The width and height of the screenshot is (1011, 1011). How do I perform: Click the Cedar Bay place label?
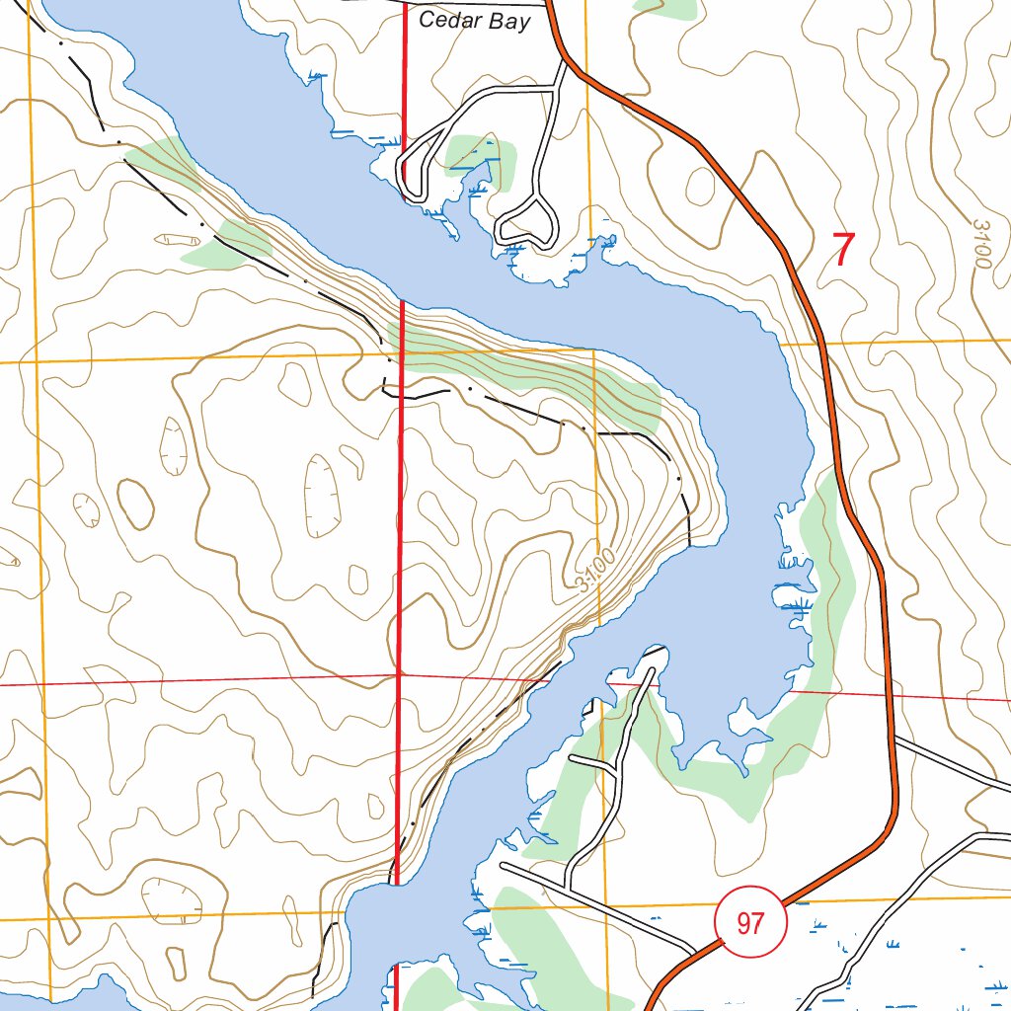[x=475, y=21]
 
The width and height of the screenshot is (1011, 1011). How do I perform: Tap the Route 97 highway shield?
[x=750, y=923]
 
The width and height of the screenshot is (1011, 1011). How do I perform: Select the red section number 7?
[x=841, y=250]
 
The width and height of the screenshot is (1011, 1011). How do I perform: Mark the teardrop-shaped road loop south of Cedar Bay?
[x=528, y=222]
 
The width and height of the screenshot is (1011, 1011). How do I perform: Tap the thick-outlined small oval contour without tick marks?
[x=136, y=504]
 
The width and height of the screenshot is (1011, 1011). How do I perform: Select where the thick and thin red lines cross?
[x=398, y=676]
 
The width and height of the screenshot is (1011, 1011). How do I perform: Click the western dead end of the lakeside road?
[x=503, y=866]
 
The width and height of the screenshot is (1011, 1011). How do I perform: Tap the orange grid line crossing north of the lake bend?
[x=494, y=351]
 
